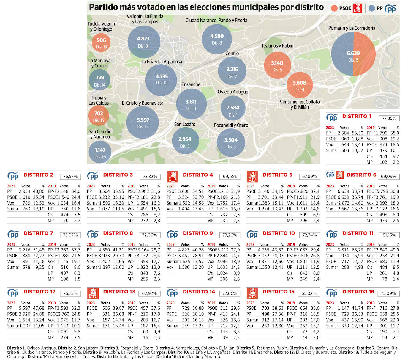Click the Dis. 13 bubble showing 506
pos(101,43)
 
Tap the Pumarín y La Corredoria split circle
pos(353,54)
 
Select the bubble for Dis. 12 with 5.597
pos(143,122)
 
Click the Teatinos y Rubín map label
pos(277,46)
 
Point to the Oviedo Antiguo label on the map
pos(233,92)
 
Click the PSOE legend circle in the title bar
pos(334,8)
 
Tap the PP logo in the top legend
pos(390,9)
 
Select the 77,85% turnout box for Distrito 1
pos(389,118)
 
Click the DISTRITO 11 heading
pos(358,233)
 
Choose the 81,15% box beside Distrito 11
pos(389,235)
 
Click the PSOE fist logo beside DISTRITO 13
pos(93,293)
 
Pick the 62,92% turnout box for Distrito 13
pos(149,293)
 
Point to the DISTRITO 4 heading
pos(198,175)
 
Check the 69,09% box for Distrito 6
pos(388,177)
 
